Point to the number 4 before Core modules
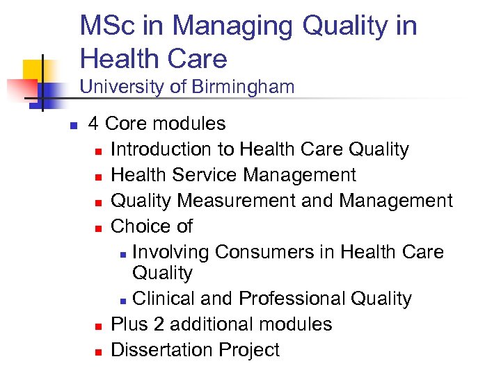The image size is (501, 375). click(x=93, y=124)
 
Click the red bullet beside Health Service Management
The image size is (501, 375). click(x=99, y=176)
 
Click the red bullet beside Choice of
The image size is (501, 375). click(x=99, y=228)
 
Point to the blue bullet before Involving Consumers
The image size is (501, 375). click(x=122, y=253)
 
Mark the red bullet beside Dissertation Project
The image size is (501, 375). click(x=99, y=351)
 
